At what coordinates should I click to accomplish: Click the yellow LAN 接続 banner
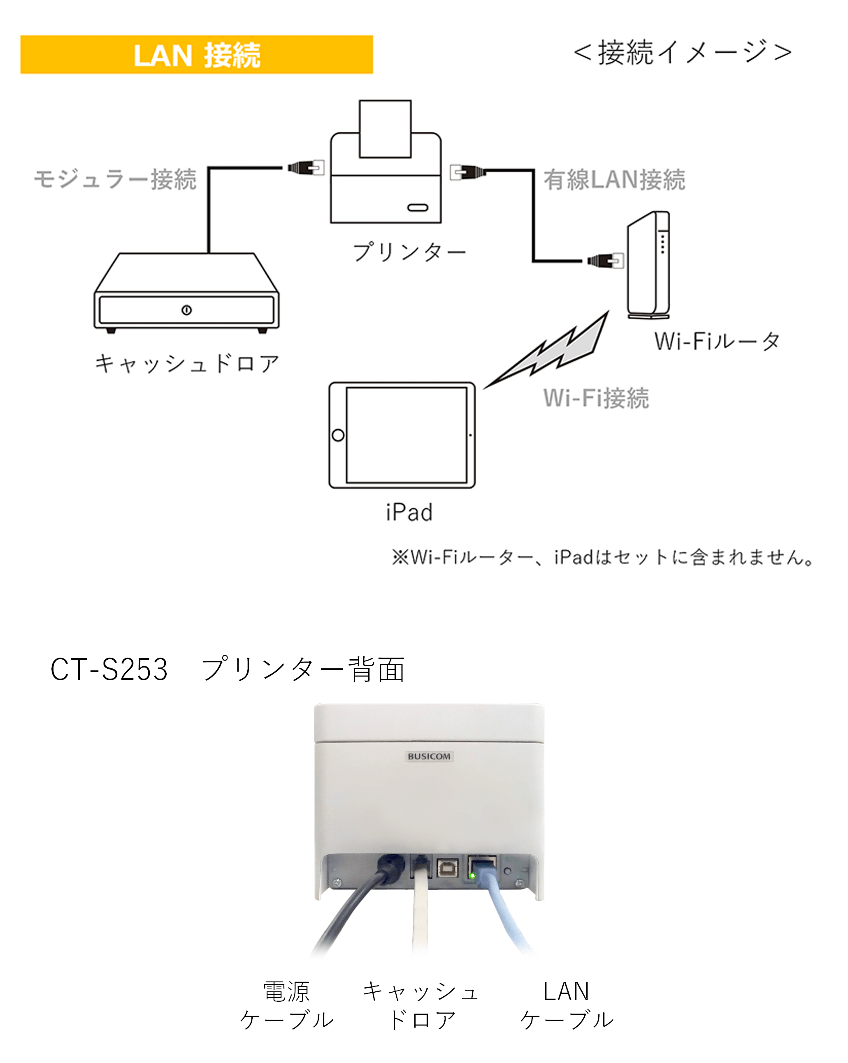coord(196,55)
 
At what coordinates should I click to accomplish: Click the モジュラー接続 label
coord(115,179)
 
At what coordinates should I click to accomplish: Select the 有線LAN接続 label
coord(614,179)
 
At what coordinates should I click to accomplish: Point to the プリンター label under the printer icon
coord(409,252)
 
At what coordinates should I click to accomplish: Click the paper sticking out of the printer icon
coord(385,128)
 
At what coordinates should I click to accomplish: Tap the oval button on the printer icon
coord(418,207)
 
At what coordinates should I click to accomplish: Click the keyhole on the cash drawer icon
coord(186,310)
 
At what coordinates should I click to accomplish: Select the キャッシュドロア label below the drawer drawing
coord(187,364)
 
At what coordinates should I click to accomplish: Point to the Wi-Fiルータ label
coord(716,341)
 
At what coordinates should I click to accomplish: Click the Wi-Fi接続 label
coord(596,398)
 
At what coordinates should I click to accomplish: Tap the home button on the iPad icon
coord(338,435)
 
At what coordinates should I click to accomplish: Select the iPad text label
coord(409,512)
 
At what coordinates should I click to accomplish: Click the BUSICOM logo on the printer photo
coord(428,756)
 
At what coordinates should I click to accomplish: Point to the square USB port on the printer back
coord(447,868)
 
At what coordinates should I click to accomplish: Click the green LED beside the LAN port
coord(472,876)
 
